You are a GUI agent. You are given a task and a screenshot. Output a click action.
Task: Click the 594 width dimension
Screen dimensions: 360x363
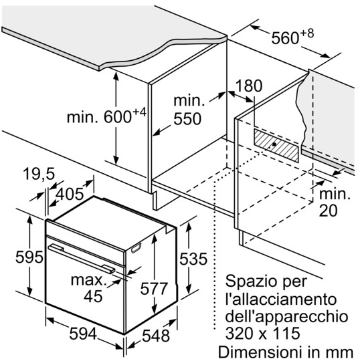(83, 334)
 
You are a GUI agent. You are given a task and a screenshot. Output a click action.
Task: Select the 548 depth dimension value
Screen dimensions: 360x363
(155, 336)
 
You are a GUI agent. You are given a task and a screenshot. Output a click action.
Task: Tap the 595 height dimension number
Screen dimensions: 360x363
(29, 257)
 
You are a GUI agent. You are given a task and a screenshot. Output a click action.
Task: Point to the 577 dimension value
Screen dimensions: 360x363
(153, 288)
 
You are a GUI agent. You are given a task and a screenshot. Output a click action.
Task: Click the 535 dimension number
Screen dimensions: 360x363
(193, 259)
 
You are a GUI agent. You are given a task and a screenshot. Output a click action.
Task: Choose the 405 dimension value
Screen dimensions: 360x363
(70, 194)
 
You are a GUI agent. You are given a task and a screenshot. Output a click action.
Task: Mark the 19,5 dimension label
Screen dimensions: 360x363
(39, 174)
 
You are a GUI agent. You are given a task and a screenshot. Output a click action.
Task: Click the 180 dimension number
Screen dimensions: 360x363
(248, 86)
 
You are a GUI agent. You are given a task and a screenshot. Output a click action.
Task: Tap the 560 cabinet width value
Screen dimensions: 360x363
(285, 38)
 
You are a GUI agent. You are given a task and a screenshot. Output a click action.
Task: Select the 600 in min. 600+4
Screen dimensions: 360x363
(118, 117)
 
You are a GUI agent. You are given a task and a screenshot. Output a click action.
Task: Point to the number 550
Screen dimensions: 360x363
(187, 119)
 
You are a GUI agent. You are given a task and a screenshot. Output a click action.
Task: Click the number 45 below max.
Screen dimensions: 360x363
(93, 296)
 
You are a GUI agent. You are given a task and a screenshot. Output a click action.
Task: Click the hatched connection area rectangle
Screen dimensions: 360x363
(276, 145)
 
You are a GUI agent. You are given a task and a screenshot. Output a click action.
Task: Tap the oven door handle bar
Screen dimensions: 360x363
(82, 258)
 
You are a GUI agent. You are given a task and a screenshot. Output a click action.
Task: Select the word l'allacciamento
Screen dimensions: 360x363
(280, 299)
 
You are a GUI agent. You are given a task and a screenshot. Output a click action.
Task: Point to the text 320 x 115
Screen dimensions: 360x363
(263, 334)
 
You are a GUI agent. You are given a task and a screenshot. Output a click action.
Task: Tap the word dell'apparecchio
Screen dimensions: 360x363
(286, 317)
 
